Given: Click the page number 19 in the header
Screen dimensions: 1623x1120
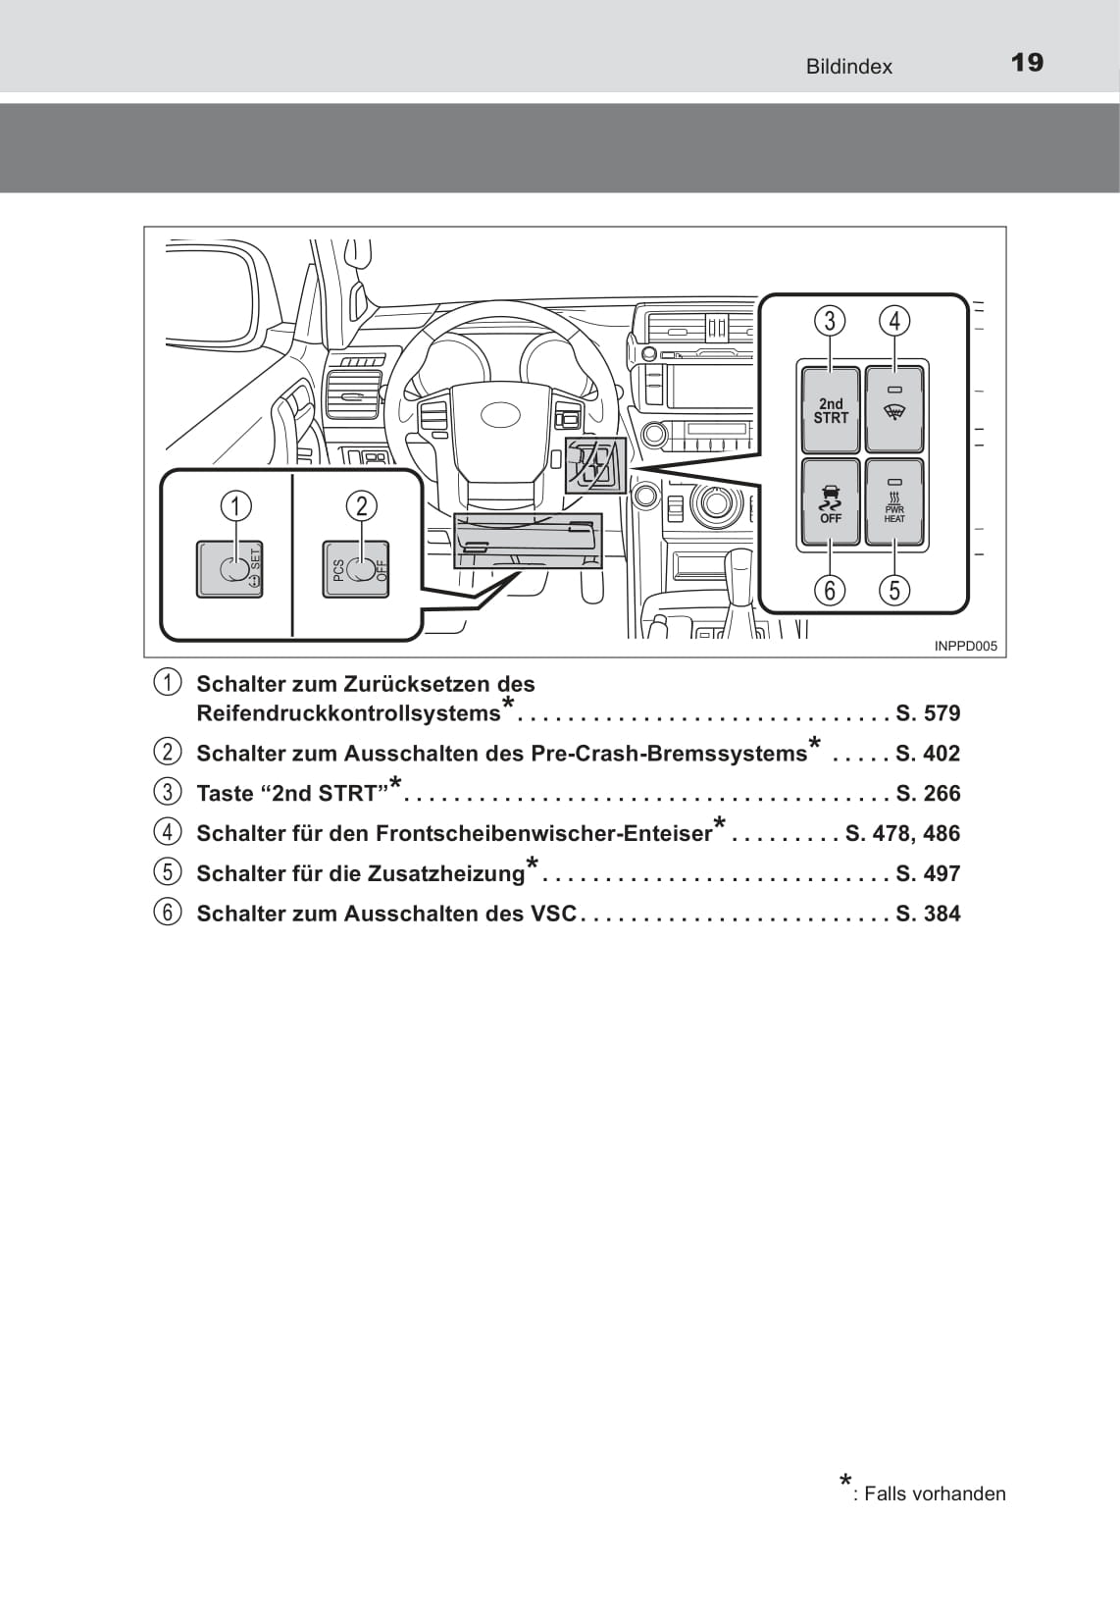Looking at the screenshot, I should click(x=1027, y=63).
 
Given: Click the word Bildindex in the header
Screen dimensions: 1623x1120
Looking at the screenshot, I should click(x=848, y=67).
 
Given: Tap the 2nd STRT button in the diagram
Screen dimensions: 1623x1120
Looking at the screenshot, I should click(x=831, y=410).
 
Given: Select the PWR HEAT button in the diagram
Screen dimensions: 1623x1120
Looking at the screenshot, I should click(x=894, y=502).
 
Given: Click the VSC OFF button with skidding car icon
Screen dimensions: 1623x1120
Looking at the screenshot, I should click(x=831, y=502).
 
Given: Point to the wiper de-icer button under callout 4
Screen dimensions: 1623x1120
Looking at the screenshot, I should click(x=894, y=410).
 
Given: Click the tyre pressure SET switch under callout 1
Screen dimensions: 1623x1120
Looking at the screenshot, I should click(x=230, y=569).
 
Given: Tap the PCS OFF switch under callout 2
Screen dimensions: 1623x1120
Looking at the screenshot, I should click(x=357, y=569).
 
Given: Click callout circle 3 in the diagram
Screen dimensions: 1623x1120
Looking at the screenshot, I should click(x=830, y=321).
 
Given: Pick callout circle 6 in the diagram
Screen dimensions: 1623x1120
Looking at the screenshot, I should click(x=830, y=590).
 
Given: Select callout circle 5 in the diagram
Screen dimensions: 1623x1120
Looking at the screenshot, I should click(x=894, y=590).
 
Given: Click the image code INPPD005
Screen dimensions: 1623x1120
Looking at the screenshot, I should click(x=965, y=646).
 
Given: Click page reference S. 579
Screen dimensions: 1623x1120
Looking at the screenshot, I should click(x=928, y=713).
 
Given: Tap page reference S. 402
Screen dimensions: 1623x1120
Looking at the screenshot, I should click(x=928, y=754).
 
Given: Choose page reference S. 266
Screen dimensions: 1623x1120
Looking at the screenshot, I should click(x=928, y=794).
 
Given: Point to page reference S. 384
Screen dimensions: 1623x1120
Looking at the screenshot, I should click(x=928, y=914).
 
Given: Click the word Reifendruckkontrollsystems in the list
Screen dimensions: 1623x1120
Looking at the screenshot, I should click(x=348, y=713).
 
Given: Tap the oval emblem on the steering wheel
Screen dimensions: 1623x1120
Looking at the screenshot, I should click(x=500, y=414).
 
